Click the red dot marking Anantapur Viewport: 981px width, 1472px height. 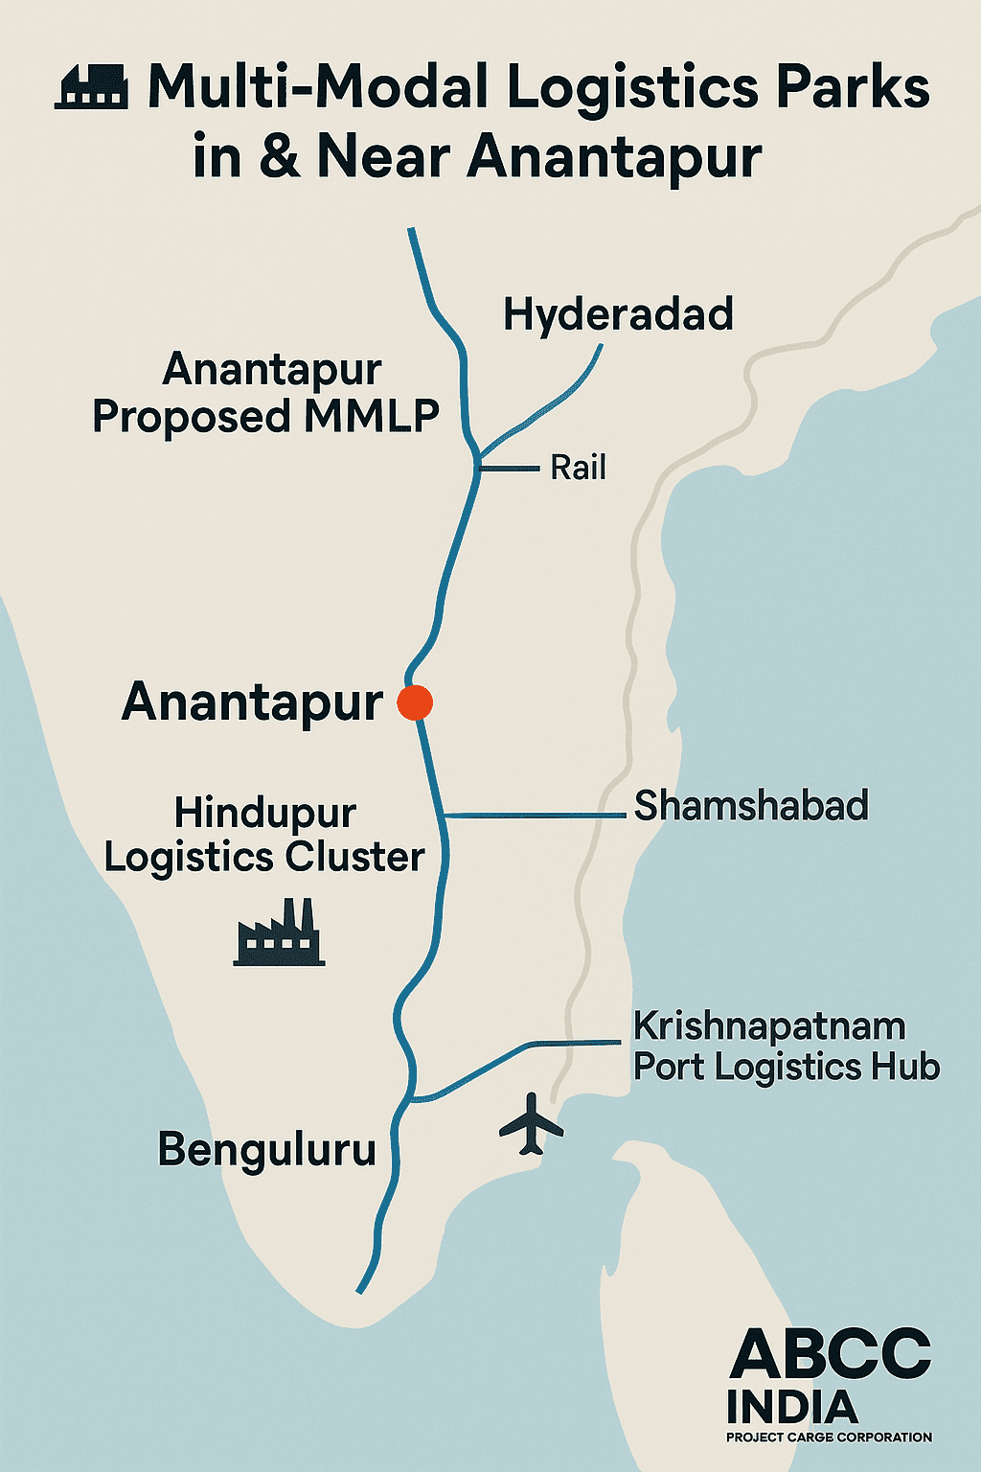point(415,702)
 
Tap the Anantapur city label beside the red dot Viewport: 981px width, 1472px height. point(252,702)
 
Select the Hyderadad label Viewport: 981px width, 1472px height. point(618,314)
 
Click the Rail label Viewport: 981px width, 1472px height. point(578,468)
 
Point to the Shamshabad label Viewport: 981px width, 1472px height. point(751,806)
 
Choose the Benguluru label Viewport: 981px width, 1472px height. point(267,1149)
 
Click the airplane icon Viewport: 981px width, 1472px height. point(531,1123)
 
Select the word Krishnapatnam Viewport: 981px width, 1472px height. point(769,1026)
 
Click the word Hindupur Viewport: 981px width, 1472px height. point(265,814)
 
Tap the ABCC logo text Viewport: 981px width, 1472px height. point(830,1355)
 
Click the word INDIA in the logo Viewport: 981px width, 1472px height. point(791,1407)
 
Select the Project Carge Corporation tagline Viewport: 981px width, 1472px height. point(829,1437)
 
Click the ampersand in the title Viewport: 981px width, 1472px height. point(279,156)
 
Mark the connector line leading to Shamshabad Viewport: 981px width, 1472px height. point(536,816)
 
